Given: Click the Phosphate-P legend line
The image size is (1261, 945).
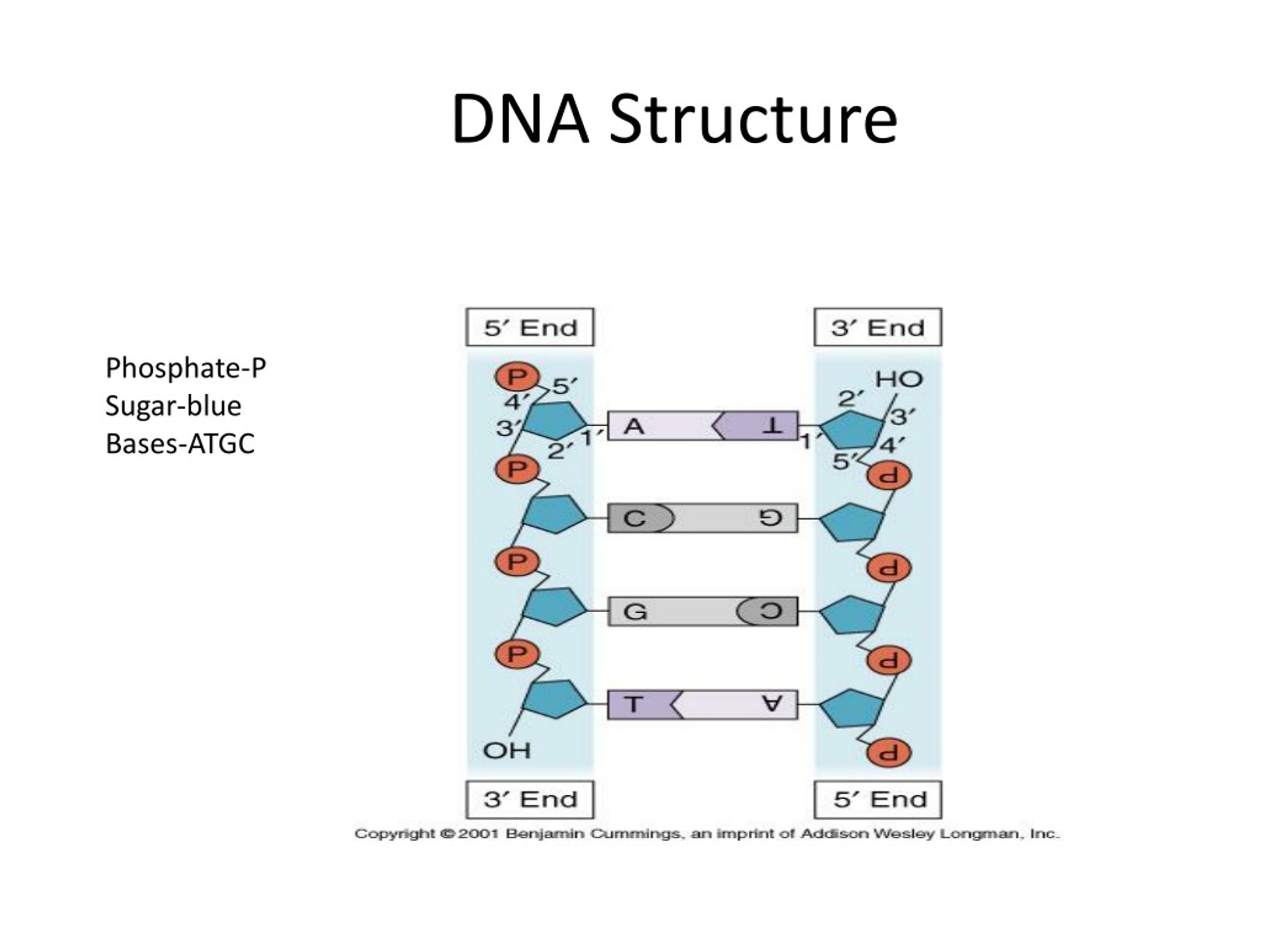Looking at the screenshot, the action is (x=186, y=369).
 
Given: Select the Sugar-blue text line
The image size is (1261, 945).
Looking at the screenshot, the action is (x=173, y=406).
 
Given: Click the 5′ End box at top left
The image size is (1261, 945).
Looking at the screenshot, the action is (x=530, y=327).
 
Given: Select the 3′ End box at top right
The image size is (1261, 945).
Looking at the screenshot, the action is (x=878, y=327).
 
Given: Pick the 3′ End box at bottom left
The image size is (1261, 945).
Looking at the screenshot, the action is (x=530, y=800).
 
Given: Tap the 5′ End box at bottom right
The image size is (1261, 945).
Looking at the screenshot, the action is (x=878, y=800).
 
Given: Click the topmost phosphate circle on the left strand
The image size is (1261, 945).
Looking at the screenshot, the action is (x=517, y=377).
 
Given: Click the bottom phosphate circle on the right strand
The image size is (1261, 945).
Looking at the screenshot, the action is (x=889, y=753).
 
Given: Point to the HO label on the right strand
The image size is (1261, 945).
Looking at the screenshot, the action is (x=899, y=379).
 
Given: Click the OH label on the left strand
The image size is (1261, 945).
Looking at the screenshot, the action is (x=507, y=750).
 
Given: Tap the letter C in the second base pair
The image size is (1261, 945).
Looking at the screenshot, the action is (x=634, y=519).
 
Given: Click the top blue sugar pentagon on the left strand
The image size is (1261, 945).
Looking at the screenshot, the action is (x=555, y=420).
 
